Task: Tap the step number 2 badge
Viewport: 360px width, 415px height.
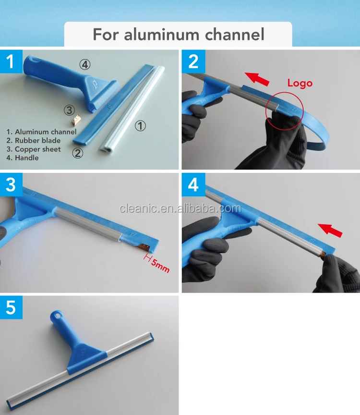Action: click(193, 62)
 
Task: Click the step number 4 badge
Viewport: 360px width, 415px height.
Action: click(193, 184)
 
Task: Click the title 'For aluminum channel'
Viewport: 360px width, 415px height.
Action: click(179, 34)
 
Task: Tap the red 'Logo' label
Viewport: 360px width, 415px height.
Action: click(300, 83)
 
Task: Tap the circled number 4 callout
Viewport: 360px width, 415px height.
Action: click(85, 64)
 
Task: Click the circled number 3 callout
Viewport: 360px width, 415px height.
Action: click(69, 110)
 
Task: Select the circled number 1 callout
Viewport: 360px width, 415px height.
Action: click(140, 126)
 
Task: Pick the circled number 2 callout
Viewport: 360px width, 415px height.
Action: click(77, 154)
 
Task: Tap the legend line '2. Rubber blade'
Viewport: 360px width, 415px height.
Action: click(34, 140)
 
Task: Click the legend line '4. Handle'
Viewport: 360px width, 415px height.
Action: click(23, 158)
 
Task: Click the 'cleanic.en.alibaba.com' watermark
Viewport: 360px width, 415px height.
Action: click(180, 208)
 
